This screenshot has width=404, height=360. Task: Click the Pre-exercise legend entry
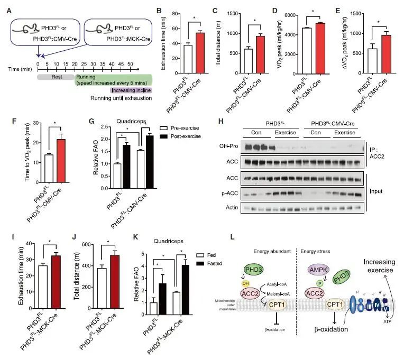[180, 127]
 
